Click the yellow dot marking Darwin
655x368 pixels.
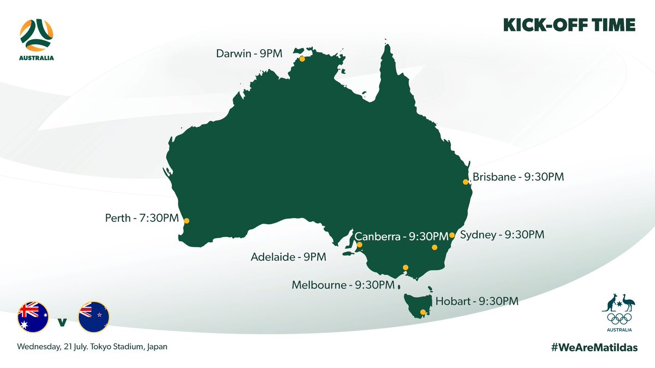[302, 58]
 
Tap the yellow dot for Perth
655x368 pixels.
[187, 221]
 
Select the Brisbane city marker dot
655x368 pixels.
[466, 182]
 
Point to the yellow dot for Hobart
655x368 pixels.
[422, 312]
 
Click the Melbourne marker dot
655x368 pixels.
[405, 267]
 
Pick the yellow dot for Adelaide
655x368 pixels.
[359, 245]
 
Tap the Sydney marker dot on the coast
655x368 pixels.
[452, 236]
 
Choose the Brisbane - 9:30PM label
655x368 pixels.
[518, 177]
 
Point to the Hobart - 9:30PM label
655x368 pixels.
[477, 301]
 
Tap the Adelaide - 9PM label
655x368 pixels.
[289, 256]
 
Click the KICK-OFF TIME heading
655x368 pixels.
[569, 25]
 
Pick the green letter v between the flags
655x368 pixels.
[63, 322]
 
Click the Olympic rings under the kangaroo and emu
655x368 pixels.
[619, 318]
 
